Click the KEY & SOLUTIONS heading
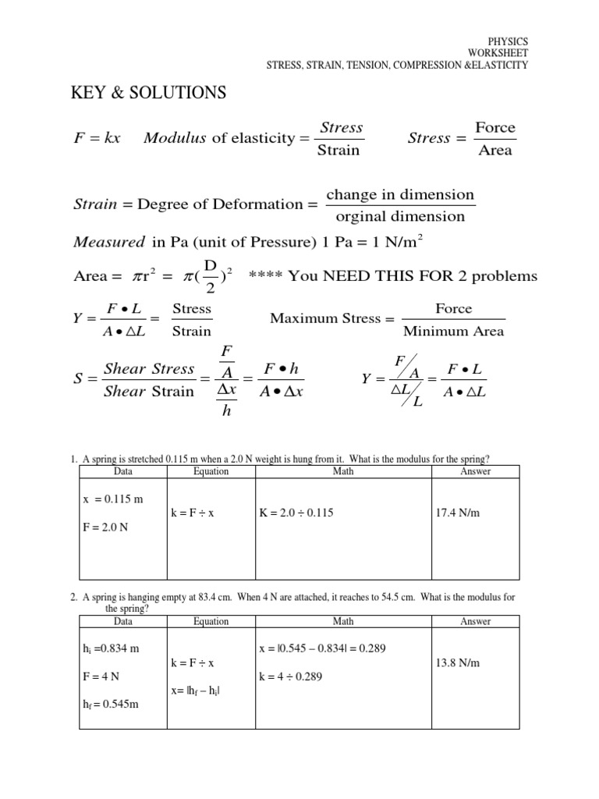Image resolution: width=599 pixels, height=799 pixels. pyautogui.click(x=148, y=94)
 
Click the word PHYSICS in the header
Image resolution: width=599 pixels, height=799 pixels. pyautogui.click(x=508, y=41)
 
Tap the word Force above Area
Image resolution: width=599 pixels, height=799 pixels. pyautogui.click(x=495, y=127)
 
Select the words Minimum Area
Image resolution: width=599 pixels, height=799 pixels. pyautogui.click(x=453, y=331)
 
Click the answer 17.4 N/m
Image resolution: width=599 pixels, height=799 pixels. pyautogui.click(x=459, y=513)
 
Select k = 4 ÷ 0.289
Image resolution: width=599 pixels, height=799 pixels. pyautogui.click(x=290, y=677)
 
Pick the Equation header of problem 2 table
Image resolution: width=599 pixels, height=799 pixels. pyautogui.click(x=211, y=621)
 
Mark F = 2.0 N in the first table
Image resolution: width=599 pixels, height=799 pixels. pyautogui.click(x=105, y=527)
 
